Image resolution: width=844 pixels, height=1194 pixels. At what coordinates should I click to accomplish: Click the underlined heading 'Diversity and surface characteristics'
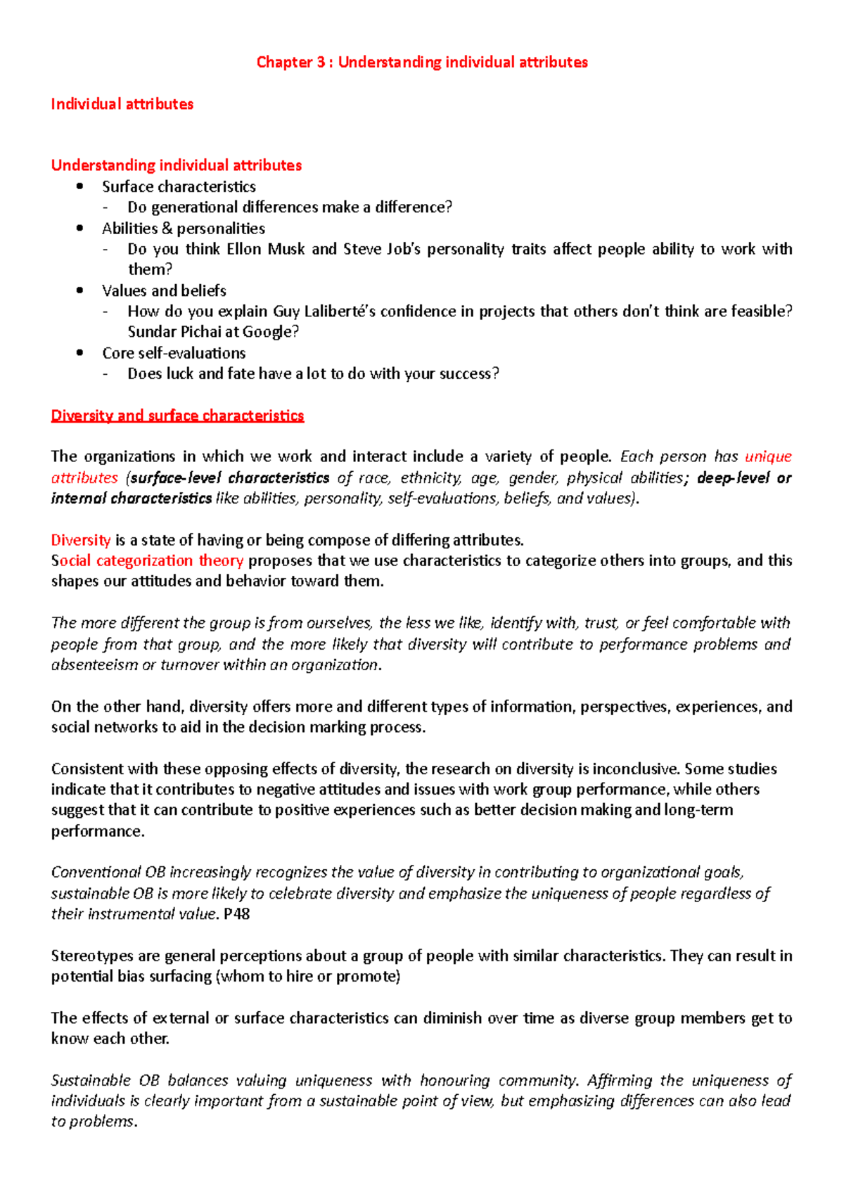pyautogui.click(x=177, y=416)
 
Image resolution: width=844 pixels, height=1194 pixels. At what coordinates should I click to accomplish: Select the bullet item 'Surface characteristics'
pyautogui.click(x=179, y=186)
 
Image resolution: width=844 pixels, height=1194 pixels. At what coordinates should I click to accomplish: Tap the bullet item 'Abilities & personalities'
pyautogui.click(x=183, y=229)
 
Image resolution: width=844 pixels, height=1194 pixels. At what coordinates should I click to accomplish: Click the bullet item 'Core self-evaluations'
pyautogui.click(x=174, y=353)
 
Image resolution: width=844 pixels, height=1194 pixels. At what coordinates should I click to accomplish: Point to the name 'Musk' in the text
pyautogui.click(x=286, y=249)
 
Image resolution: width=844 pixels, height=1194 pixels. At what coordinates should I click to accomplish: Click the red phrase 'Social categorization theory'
pyautogui.click(x=147, y=560)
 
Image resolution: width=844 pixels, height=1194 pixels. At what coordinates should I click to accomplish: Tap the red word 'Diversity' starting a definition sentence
pyautogui.click(x=80, y=540)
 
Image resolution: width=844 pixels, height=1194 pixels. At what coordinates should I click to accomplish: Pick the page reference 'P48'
pyautogui.click(x=236, y=914)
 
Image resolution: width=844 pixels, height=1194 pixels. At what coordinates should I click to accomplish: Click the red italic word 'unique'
pyautogui.click(x=768, y=456)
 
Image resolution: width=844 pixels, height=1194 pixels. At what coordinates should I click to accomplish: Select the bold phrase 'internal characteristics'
pyautogui.click(x=132, y=499)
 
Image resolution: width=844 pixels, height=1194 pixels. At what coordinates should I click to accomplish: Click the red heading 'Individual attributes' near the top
pyautogui.click(x=122, y=104)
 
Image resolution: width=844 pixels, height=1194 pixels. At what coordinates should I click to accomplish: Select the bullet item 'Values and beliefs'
pyautogui.click(x=164, y=291)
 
